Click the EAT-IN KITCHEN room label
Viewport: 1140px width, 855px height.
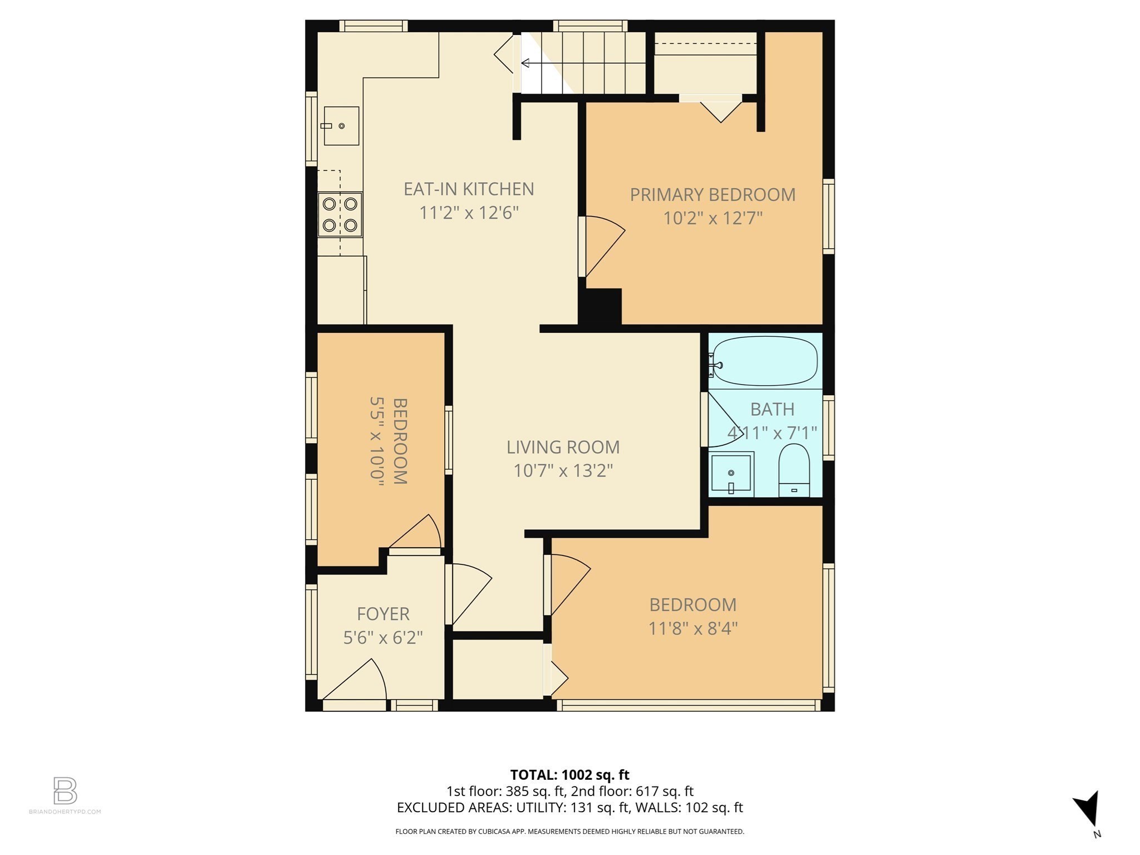tap(469, 189)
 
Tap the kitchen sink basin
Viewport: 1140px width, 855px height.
tap(341, 126)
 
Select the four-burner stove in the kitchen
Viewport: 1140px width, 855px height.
tap(340, 214)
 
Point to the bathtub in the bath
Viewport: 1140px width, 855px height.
tap(765, 361)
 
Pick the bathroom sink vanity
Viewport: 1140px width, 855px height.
tap(731, 474)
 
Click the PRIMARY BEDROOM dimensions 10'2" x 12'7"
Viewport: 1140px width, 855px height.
tap(712, 218)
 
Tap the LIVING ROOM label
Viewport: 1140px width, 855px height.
tap(563, 447)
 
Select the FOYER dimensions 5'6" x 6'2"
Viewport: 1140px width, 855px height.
tap(383, 637)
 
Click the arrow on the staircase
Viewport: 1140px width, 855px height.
tap(525, 63)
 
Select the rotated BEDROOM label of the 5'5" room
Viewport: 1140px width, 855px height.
tap(400, 440)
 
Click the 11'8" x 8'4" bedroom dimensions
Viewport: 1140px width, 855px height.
tap(692, 628)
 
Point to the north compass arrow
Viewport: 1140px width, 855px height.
tap(1088, 808)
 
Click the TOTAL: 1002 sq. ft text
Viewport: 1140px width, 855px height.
tap(569, 774)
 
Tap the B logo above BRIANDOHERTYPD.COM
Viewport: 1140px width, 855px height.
tap(65, 790)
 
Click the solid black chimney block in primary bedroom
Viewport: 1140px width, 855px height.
tap(601, 306)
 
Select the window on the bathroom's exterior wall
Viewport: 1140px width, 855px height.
tap(829, 427)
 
